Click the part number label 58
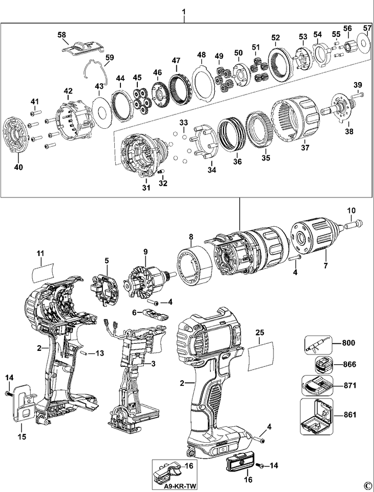pos(61,34)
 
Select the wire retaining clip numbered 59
pos(96,72)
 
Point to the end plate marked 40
pos(16,134)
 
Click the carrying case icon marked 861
pos(317,417)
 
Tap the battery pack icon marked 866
pos(323,365)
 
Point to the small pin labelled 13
pos(84,353)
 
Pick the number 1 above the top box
pos(184,12)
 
